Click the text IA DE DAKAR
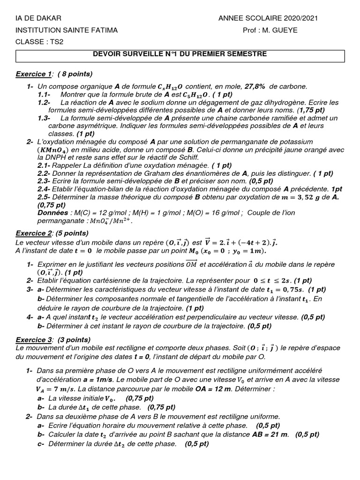pos(38,18)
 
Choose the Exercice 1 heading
pos(34,74)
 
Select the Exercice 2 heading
pos(34,233)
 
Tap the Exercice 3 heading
pos(34,339)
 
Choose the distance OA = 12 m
pos(220,390)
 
